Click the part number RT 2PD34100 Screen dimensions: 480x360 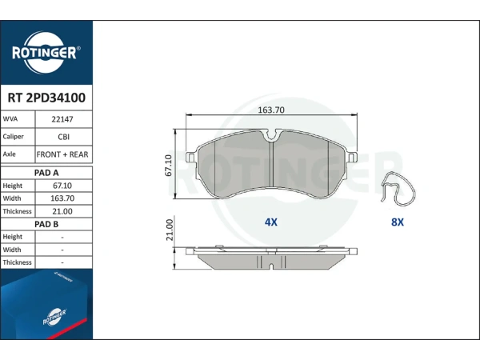pyautogui.click(x=46, y=98)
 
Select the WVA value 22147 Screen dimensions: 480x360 pyautogui.click(x=62, y=119)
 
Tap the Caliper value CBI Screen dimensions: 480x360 pyautogui.click(x=64, y=137)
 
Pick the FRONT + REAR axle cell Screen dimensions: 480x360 pyautogui.click(x=62, y=154)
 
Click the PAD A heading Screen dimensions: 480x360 pyautogui.click(x=46, y=173)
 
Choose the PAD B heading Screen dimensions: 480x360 pyautogui.click(x=46, y=224)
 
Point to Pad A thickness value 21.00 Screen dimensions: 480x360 pyautogui.click(x=62, y=211)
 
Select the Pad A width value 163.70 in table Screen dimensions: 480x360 pyautogui.click(x=62, y=198)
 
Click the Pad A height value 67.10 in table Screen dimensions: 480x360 pyautogui.click(x=62, y=186)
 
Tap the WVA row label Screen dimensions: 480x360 pyautogui.click(x=10, y=118)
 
